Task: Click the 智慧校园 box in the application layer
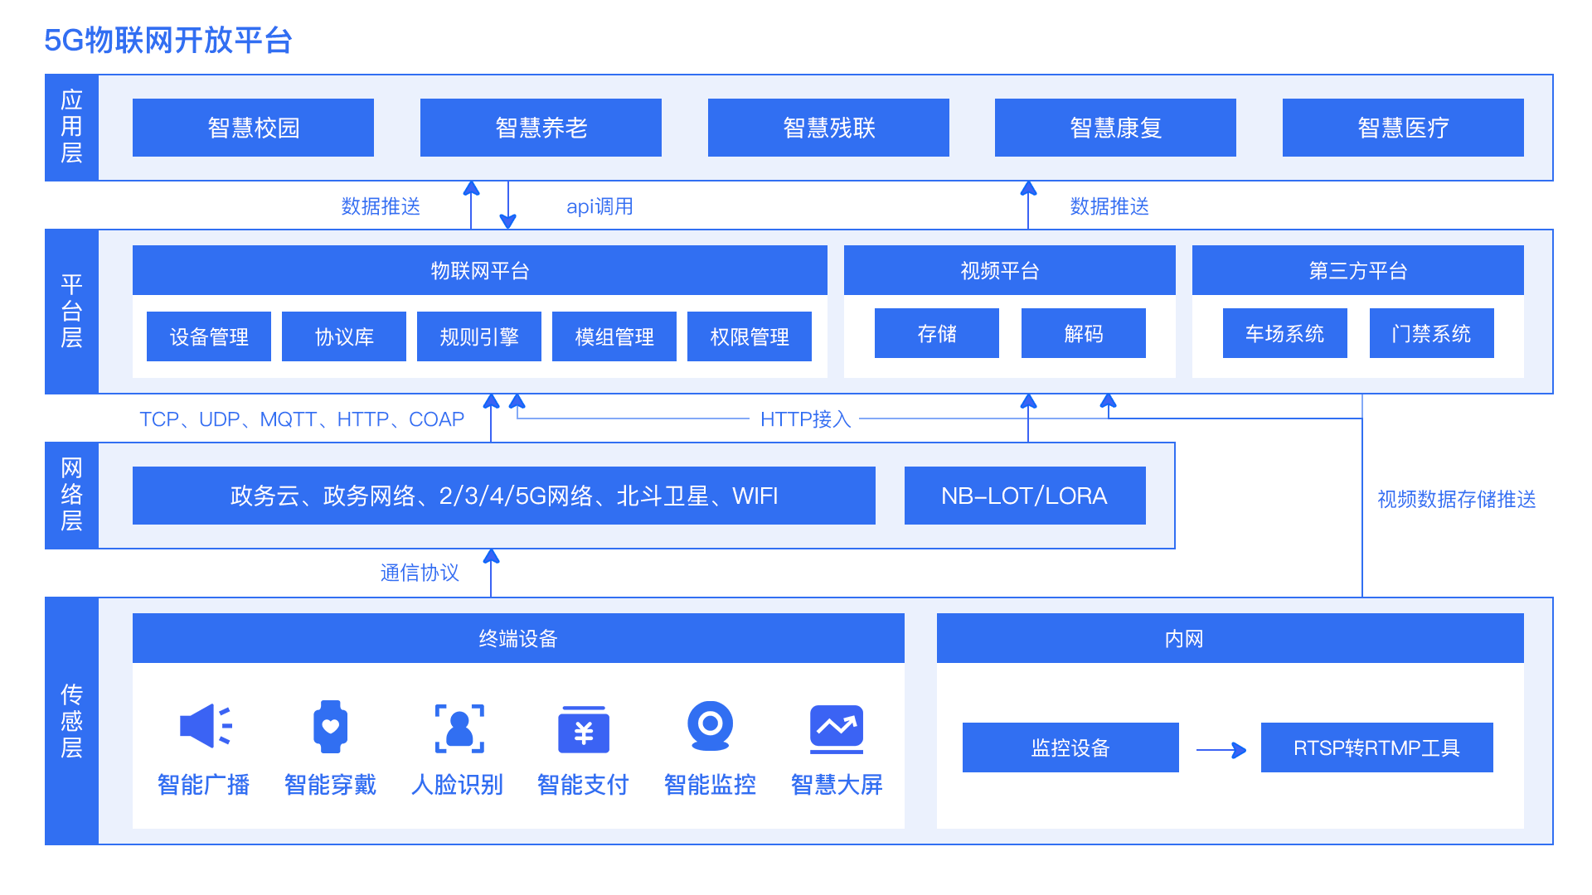coord(253,128)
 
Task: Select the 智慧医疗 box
coord(1403,128)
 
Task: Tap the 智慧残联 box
coord(828,128)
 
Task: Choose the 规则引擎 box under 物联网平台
coord(479,336)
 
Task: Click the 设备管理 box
coord(209,336)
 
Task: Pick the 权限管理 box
coord(750,336)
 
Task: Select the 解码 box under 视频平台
coord(1084,333)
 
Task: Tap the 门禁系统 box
coord(1432,333)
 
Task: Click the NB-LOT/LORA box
coord(1025,496)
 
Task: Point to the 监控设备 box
coord(1070,747)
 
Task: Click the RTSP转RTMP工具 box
coord(1377,747)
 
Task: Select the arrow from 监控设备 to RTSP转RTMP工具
coord(1221,750)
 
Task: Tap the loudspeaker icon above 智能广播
coord(206,726)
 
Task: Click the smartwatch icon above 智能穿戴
coord(330,727)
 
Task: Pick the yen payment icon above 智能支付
coord(584,729)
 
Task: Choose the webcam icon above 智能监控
coord(711,726)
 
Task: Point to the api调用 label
coord(599,206)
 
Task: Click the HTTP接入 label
coord(805,419)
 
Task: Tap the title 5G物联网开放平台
coord(167,40)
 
